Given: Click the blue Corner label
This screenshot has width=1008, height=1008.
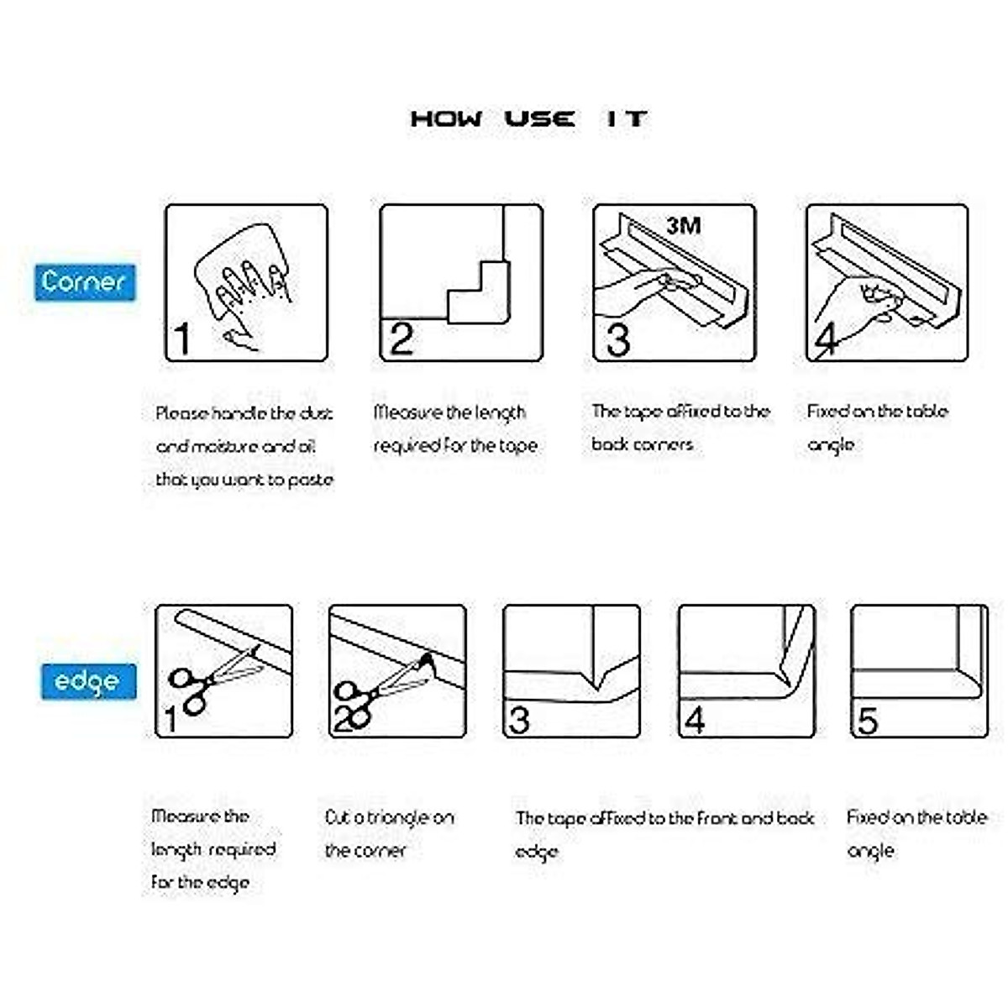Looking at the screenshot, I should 85,282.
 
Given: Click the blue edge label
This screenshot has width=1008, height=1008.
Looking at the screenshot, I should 88,680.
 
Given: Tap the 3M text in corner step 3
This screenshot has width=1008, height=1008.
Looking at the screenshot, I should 683,225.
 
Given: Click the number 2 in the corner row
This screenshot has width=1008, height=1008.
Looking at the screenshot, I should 402,339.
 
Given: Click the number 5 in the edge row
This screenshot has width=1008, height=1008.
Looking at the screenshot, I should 867,720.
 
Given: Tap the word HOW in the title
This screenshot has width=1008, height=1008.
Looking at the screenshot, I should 446,118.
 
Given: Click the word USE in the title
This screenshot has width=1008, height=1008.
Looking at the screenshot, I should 540,118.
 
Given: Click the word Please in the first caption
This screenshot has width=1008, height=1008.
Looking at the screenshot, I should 181,413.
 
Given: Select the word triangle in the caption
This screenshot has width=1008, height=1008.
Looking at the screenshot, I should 398,817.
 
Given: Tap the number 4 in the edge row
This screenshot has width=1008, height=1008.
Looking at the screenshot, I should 695,720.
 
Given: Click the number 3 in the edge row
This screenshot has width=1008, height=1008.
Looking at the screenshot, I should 519,720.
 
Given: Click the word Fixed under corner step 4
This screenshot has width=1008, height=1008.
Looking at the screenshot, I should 827,412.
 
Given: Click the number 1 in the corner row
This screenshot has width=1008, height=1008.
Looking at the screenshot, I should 182,339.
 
